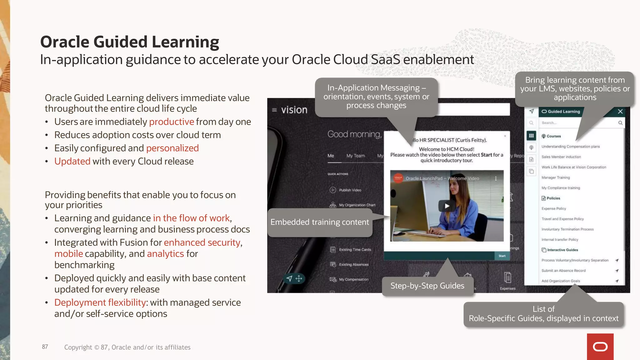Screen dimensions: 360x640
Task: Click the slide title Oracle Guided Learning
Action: [x=129, y=42]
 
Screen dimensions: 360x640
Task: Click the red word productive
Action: [x=172, y=122]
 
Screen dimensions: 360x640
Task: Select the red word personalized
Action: [x=172, y=148]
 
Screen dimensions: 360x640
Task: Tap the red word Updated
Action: [x=72, y=161]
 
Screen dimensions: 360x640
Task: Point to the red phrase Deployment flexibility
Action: [x=100, y=302]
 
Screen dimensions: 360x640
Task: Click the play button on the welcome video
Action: [x=447, y=206]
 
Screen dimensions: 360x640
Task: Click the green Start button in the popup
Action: [x=502, y=256]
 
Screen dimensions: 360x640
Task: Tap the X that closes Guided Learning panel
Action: [x=620, y=112]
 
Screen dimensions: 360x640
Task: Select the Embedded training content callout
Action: [x=319, y=222]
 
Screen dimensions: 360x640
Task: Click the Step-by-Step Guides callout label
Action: [x=427, y=286]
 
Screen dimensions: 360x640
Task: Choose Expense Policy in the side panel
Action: [x=554, y=208]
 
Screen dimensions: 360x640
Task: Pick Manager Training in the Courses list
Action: [x=556, y=177]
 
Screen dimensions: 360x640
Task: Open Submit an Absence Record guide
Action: [x=563, y=271]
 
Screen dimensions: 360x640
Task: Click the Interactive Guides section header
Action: [x=562, y=250]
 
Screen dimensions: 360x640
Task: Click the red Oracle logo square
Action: [x=600, y=347]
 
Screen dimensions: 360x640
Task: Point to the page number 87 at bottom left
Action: [x=45, y=347]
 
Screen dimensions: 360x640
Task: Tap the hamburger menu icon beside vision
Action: [x=274, y=110]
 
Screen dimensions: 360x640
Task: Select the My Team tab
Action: [x=355, y=156]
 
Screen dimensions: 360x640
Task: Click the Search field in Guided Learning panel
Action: [x=578, y=123]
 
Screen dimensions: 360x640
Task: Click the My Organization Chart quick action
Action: [x=357, y=205]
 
